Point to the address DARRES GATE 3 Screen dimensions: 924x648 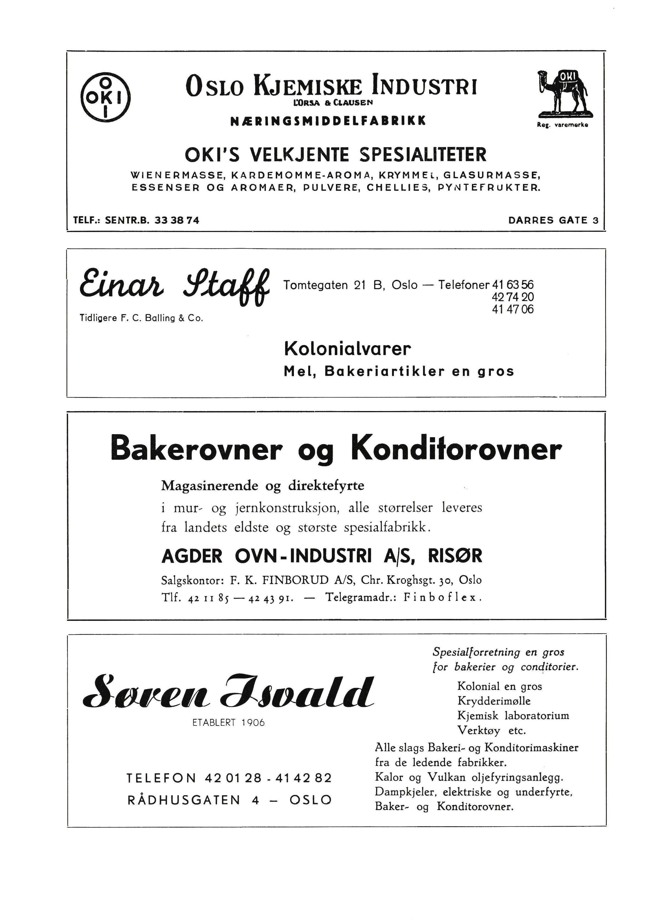(x=553, y=220)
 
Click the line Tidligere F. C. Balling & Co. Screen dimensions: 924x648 (x=141, y=318)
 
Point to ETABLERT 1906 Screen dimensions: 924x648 (x=228, y=723)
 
